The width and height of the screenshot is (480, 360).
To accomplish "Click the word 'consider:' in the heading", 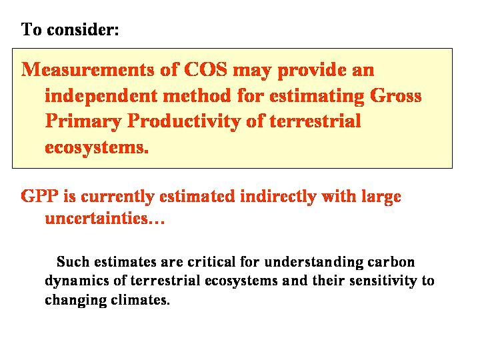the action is point(83,30).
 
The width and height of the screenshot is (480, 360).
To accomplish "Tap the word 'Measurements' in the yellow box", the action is point(88,69).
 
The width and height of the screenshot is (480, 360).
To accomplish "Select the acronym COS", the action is point(206,69).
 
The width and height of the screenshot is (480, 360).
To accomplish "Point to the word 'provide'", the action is point(311,71).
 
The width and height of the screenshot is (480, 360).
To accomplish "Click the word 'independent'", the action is point(101,95).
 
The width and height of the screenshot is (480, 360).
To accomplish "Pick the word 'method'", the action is point(197,95).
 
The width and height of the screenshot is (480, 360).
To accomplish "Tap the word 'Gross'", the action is point(396,95).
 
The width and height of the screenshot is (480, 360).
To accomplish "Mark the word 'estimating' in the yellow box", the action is point(317,97).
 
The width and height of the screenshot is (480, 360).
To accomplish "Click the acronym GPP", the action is point(39,195).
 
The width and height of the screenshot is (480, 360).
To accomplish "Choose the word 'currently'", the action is point(117,197).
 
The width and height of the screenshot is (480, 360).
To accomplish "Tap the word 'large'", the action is point(381,197).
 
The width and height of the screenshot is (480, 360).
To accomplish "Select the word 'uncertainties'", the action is point(97,218).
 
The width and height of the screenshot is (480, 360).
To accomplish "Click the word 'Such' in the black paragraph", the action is point(73,262).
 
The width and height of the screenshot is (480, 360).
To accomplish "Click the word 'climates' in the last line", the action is point(139,300).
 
